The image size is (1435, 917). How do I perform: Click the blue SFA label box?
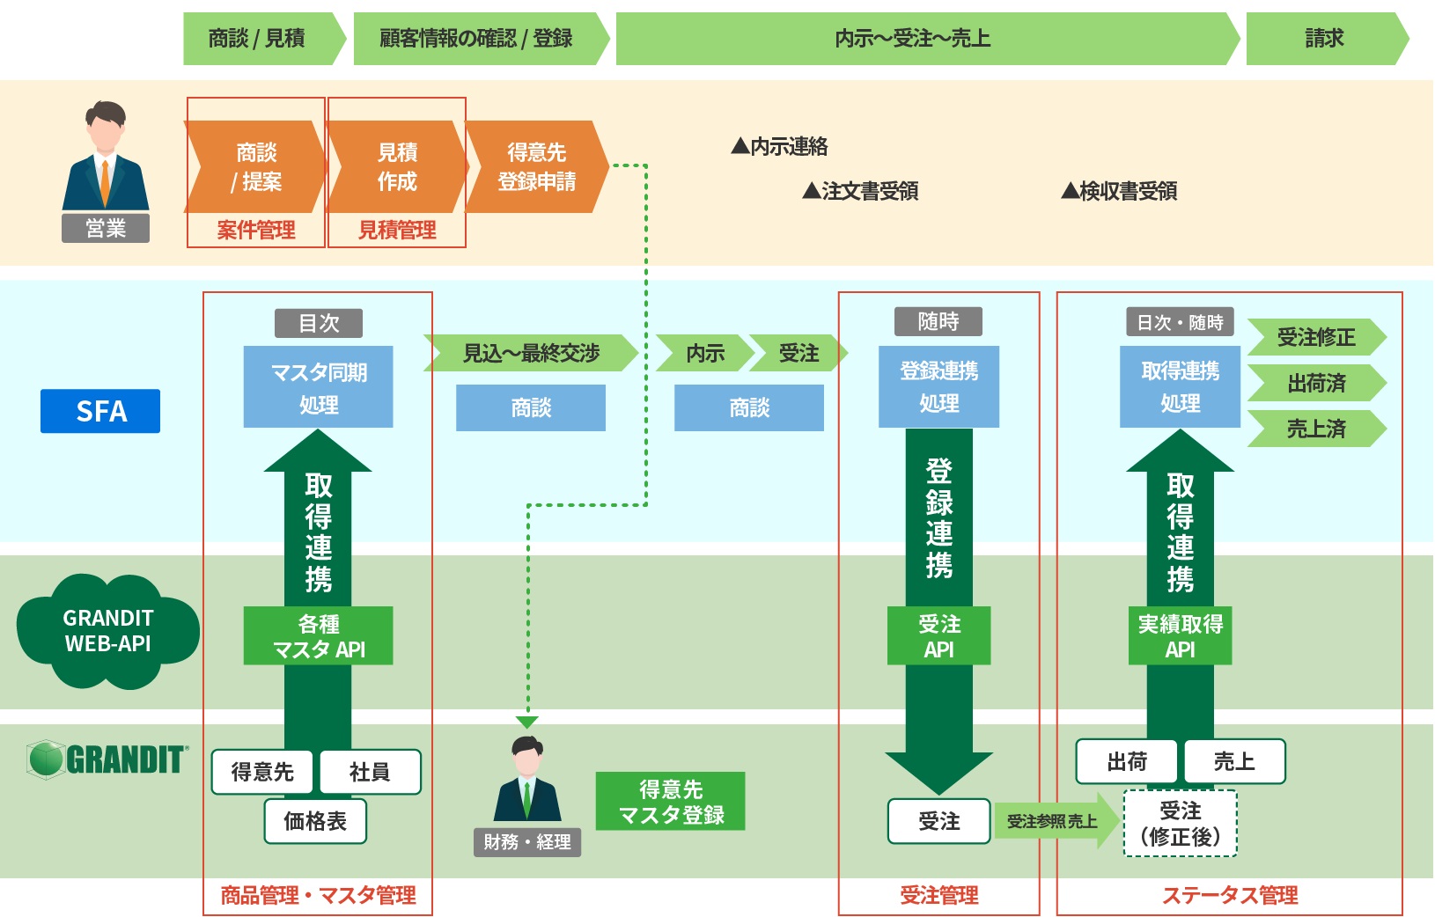tap(100, 411)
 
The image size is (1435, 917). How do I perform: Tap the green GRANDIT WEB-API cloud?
tap(107, 630)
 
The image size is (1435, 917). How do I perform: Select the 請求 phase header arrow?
tap(1325, 39)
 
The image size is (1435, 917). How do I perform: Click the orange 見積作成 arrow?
tap(397, 166)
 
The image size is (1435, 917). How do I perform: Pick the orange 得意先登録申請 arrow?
tap(536, 166)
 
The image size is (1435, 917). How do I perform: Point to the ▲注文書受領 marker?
tap(860, 191)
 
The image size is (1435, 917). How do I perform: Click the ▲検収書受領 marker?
tap(1119, 191)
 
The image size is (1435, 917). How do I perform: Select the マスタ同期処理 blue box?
tap(318, 387)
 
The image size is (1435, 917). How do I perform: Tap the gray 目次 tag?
tap(318, 323)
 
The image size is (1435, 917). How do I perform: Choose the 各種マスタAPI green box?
tap(318, 635)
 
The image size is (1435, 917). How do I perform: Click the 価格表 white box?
tap(315, 821)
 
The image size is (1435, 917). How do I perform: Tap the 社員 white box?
tap(370, 772)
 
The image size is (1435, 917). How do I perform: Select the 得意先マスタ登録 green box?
tap(670, 802)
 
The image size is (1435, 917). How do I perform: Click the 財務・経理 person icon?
tap(526, 781)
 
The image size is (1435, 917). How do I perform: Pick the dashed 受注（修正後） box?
tap(1180, 823)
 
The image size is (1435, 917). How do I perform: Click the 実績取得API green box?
tap(1180, 635)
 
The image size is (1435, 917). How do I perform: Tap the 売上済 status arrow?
tap(1316, 429)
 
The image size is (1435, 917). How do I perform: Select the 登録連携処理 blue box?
tap(938, 387)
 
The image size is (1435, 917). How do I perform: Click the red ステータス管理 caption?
tap(1230, 895)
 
